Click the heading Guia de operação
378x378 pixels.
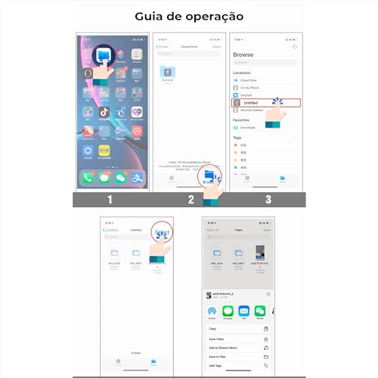tap(188, 15)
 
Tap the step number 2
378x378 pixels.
tap(191, 200)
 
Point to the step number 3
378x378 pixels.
tap(267, 200)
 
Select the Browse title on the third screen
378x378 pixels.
tap(245, 55)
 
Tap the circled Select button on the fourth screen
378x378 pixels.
tap(160, 231)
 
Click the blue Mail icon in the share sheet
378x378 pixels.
tap(243, 310)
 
